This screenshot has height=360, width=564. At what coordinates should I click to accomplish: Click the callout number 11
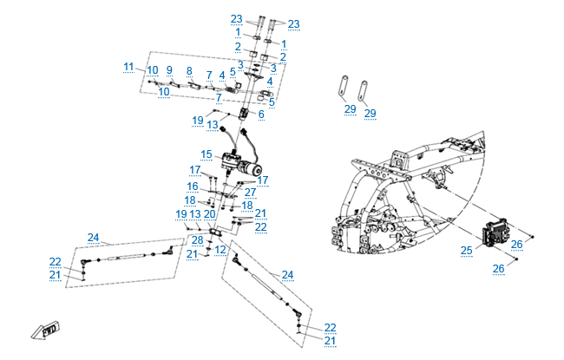tap(128, 67)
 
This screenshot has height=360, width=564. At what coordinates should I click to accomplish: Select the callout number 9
tap(169, 70)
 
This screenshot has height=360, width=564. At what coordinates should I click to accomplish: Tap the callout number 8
tap(189, 70)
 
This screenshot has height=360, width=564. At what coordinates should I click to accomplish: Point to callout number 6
tap(260, 114)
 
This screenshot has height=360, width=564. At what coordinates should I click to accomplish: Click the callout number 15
tap(207, 154)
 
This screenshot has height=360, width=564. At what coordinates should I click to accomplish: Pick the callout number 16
tap(193, 187)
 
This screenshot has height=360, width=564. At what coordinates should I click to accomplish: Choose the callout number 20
tap(210, 213)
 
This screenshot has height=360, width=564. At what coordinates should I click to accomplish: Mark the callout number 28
tap(197, 240)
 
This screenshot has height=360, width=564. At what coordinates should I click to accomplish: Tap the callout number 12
tap(220, 250)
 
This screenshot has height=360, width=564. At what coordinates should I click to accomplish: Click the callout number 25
tap(465, 251)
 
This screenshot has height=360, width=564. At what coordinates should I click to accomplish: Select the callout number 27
tap(250, 193)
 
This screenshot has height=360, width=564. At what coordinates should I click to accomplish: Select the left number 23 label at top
tap(237, 19)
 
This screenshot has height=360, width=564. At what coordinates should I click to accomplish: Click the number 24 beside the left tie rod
tap(94, 237)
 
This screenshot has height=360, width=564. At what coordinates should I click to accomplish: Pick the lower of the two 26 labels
tap(498, 269)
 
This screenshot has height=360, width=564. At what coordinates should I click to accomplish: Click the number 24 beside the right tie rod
tap(287, 275)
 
